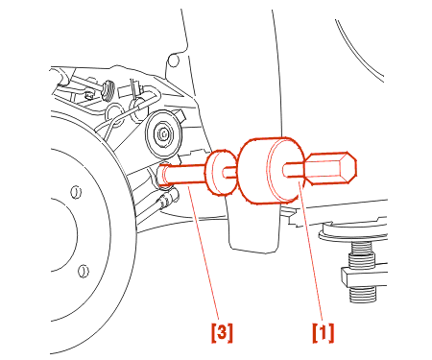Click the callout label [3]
tap(222, 333)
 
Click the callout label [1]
tap(324, 333)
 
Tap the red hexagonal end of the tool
tap(331, 168)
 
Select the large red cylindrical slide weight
tap(271, 171)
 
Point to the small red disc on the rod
tap(221, 172)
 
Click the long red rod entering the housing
tap(182, 175)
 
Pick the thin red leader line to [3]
tap(204, 252)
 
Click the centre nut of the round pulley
tap(163, 133)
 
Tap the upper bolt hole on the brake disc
tap(76, 192)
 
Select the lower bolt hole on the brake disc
tap(84, 271)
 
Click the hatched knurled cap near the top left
tap(108, 90)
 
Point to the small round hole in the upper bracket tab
tap(173, 60)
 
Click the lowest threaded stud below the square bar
tap(363, 294)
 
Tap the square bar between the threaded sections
tap(364, 276)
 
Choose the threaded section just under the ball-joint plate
tap(362, 254)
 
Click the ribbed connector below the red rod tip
tap(167, 199)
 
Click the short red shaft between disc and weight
tap(230, 173)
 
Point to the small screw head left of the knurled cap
tap(88, 94)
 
